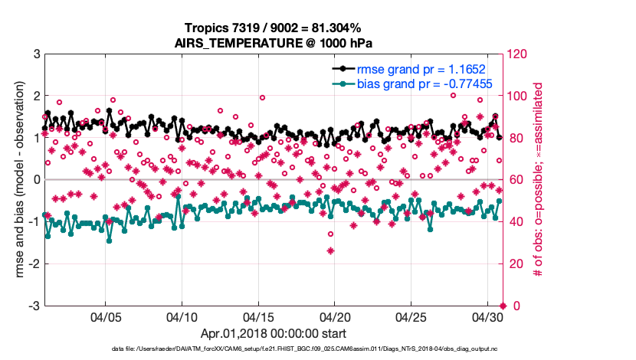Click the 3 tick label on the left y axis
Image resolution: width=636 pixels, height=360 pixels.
pos(35,54)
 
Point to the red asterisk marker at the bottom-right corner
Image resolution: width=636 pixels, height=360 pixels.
pos(503,306)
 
